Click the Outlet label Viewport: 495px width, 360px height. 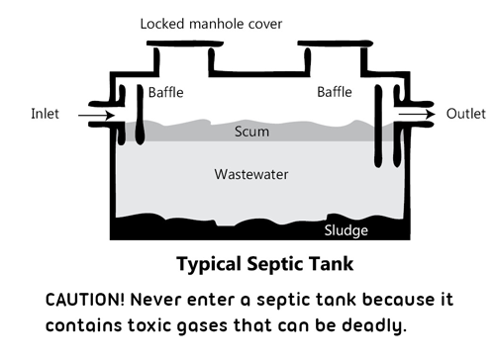(465, 113)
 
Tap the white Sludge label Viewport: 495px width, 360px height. (346, 230)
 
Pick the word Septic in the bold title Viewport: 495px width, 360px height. (272, 265)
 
